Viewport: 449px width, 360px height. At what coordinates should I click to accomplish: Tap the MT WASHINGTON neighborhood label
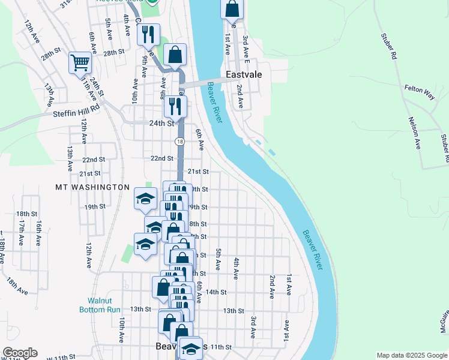coord(92,187)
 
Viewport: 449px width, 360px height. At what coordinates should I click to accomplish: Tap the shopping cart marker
coord(80,62)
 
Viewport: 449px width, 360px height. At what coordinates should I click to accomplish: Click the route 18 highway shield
coord(179,142)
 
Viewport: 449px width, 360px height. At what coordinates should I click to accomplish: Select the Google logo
coord(20,353)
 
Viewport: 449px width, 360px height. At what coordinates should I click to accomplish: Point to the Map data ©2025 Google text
coord(411,355)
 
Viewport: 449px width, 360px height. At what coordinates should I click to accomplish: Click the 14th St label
coord(215,292)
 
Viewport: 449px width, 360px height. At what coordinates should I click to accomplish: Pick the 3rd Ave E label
coord(246,47)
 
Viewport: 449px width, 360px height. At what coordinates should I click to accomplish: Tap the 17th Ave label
coord(22,233)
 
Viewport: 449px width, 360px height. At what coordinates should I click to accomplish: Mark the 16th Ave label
coord(38,233)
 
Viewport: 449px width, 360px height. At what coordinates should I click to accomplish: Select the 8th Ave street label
coord(163,92)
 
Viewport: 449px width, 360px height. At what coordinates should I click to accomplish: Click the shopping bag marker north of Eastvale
coord(232,10)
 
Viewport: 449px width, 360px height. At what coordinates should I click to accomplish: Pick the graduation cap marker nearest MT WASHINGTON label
coord(145,198)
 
